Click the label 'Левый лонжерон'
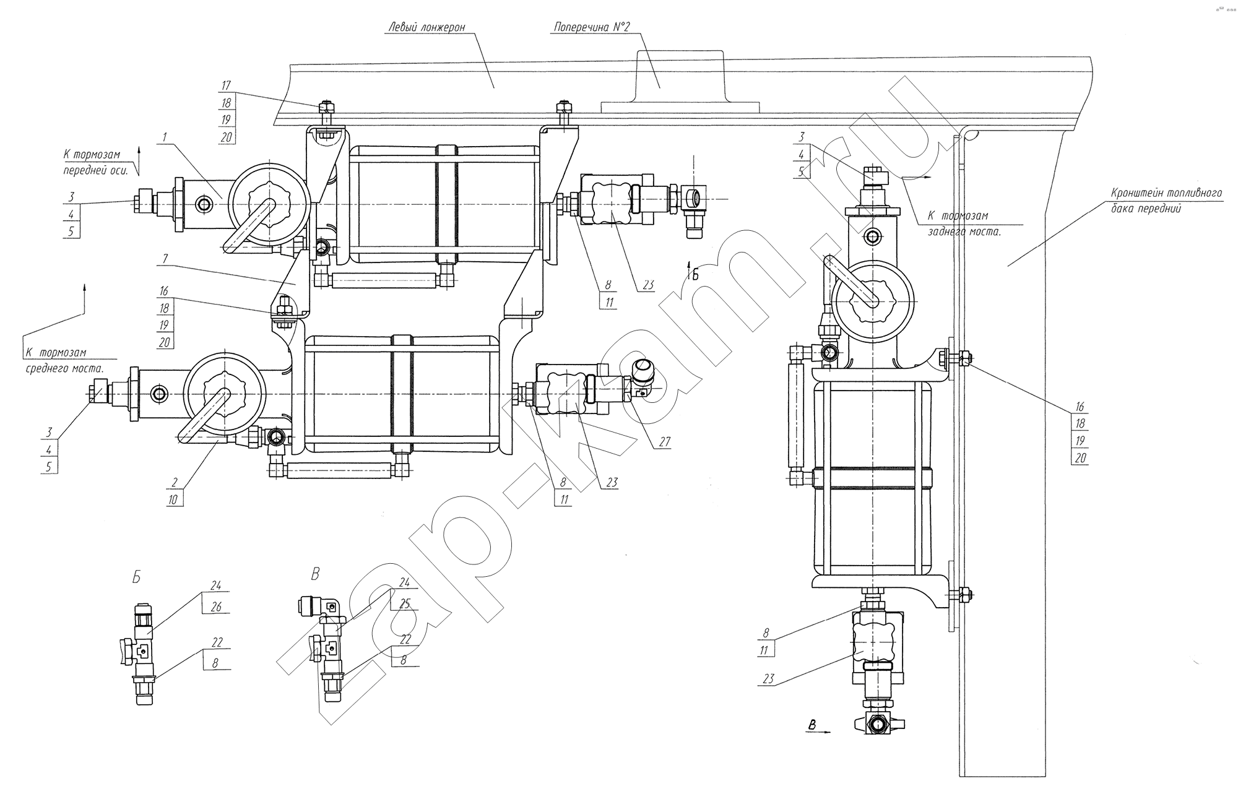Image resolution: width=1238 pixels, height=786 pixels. pos(427,27)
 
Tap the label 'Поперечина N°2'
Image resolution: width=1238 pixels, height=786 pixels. pos(591,27)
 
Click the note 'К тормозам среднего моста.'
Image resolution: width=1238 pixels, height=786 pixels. pos(65,360)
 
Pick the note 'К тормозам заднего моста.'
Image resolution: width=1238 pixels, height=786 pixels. pos(964,224)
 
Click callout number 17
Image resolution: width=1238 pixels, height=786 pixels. pos(227,86)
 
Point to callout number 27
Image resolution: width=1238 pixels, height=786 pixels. pos(665,442)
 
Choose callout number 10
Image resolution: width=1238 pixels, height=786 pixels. pos(175,499)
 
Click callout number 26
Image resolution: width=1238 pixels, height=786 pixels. pos(216,607)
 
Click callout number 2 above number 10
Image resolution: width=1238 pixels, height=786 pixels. pos(175,483)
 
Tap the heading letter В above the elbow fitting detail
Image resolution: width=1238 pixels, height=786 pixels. pos(315,574)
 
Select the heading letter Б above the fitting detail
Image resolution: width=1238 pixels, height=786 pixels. pos(136,577)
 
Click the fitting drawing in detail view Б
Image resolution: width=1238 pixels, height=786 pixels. pos(142,656)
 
